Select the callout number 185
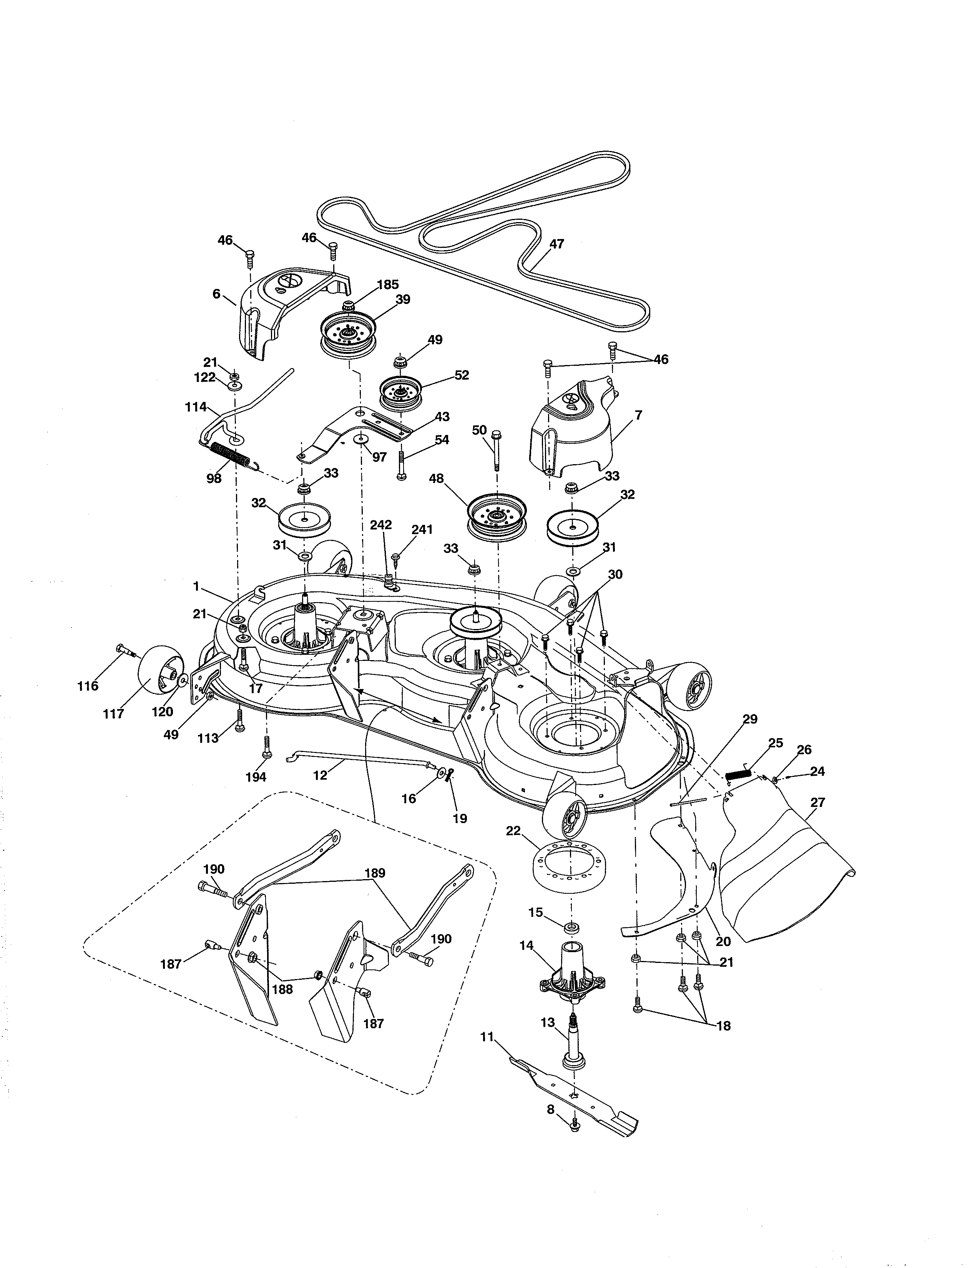[388, 284]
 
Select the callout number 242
[381, 525]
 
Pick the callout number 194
[256, 777]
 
